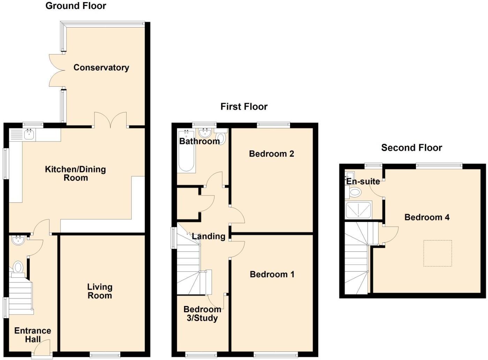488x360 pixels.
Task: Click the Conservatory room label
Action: (101, 68)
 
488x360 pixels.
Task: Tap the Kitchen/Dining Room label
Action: (75, 174)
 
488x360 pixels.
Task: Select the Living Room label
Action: (100, 291)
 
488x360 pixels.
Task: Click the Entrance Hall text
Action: (32, 335)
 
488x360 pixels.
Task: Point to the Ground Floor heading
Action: (76, 6)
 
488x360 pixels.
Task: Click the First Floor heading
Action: (244, 107)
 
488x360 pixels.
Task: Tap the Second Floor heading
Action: (411, 148)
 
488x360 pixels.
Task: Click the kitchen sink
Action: (29, 134)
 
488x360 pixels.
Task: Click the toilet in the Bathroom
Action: (221, 139)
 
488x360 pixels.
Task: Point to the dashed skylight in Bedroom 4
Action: (437, 253)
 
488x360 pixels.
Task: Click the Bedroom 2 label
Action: (271, 154)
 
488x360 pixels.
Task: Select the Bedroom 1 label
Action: (272, 275)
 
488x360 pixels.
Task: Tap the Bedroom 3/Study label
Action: (202, 314)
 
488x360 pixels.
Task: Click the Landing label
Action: (208, 237)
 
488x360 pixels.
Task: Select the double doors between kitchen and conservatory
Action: (110, 120)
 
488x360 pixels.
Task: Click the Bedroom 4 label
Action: (427, 217)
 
